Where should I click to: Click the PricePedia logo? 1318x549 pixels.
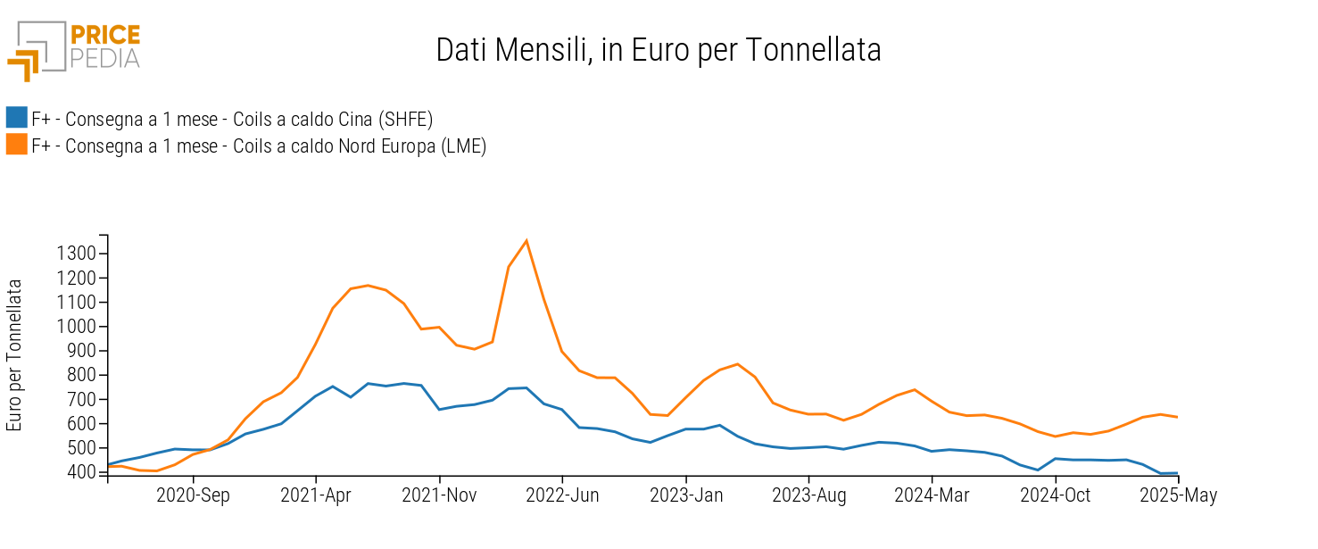point(73,49)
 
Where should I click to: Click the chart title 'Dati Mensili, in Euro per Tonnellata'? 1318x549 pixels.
point(659,50)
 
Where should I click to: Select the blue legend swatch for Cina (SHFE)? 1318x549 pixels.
point(17,118)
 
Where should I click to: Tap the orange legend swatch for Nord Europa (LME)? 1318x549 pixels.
point(17,145)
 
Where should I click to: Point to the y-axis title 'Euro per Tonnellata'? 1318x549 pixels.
point(14,355)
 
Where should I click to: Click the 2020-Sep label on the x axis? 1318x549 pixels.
point(193,496)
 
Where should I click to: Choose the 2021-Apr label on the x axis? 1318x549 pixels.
point(315,496)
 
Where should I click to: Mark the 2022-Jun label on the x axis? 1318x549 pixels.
point(562,496)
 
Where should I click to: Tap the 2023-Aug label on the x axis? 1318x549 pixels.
point(808,496)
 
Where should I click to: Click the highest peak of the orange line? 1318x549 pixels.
point(526,240)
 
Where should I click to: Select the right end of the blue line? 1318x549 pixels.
point(1178,473)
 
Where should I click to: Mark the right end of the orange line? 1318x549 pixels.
point(1178,417)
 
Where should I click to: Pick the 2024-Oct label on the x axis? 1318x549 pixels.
point(1056,496)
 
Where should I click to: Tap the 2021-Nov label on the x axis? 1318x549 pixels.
point(439,496)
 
